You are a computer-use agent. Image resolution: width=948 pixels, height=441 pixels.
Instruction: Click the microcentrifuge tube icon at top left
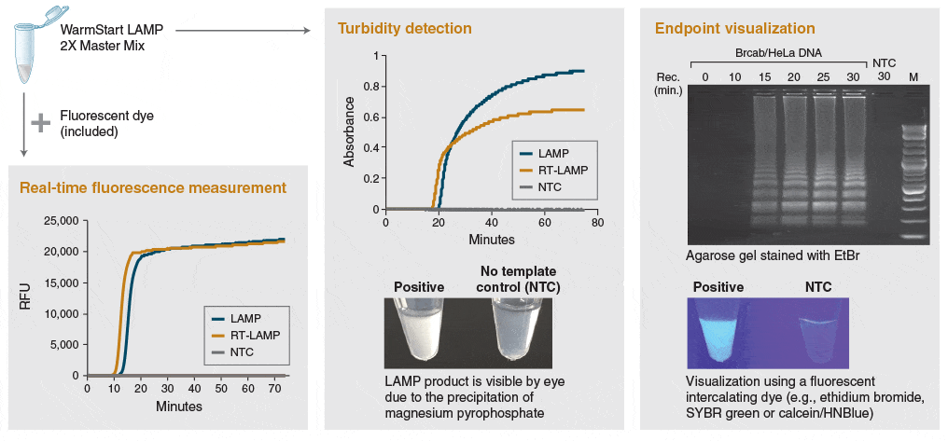tap(29, 46)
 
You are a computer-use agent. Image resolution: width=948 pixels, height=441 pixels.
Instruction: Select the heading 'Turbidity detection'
tap(404, 28)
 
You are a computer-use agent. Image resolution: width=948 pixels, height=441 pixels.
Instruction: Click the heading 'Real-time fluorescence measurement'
tap(153, 187)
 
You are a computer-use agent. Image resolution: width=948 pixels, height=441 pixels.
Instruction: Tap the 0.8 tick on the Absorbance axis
tap(369, 87)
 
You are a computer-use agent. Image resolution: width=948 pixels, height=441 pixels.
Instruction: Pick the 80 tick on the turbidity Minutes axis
tap(597, 223)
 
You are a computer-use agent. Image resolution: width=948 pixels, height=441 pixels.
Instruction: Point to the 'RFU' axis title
tap(24, 297)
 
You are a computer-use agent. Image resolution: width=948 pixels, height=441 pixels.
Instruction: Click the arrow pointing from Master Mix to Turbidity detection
tap(243, 31)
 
